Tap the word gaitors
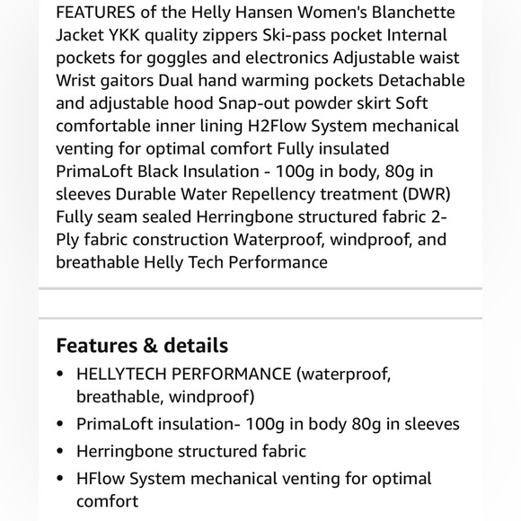(x=133, y=80)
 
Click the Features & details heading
(x=142, y=346)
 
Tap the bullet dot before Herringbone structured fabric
(x=59, y=452)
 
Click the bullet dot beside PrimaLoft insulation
(x=59, y=424)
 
